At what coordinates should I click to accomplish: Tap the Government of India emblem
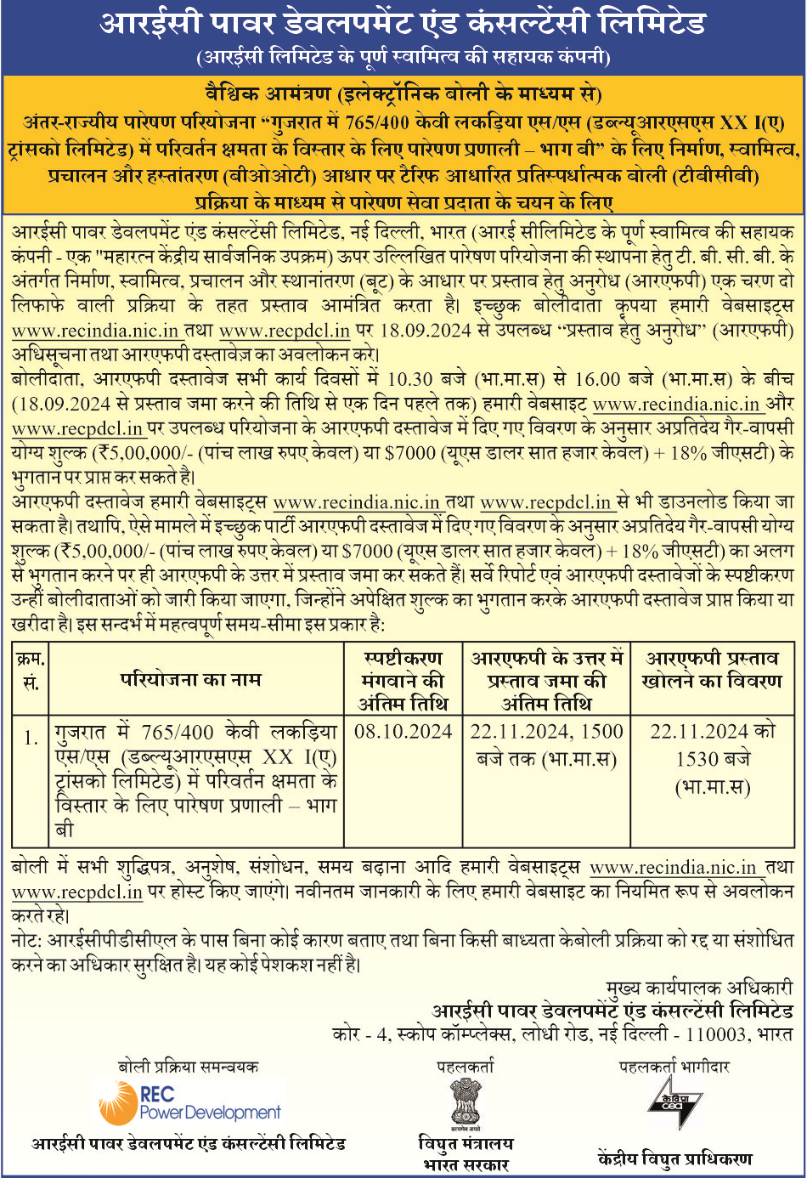pyautogui.click(x=466, y=1102)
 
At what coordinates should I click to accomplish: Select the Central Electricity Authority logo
pyautogui.click(x=673, y=1102)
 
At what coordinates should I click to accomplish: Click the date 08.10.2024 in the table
pyautogui.click(x=403, y=732)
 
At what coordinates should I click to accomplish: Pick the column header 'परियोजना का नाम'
pyautogui.click(x=191, y=680)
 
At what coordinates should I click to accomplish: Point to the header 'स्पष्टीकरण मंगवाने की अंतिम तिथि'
pyautogui.click(x=403, y=681)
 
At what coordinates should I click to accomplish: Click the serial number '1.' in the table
pyautogui.click(x=31, y=738)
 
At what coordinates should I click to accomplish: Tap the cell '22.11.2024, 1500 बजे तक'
pyautogui.click(x=546, y=745)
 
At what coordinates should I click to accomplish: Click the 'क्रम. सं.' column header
pyautogui.click(x=31, y=671)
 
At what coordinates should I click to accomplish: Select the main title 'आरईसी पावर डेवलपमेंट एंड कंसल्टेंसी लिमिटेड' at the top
pyautogui.click(x=403, y=23)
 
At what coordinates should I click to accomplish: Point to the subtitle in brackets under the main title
pyautogui.click(x=403, y=58)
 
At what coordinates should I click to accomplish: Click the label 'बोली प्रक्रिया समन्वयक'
pyautogui.click(x=188, y=1067)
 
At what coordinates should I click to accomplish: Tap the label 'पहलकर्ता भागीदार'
pyautogui.click(x=674, y=1067)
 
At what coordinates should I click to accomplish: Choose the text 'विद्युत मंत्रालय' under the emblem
pyautogui.click(x=466, y=1144)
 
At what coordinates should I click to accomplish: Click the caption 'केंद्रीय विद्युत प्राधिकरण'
pyautogui.click(x=674, y=1158)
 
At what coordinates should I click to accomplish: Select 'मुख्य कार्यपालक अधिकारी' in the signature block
pyautogui.click(x=698, y=988)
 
